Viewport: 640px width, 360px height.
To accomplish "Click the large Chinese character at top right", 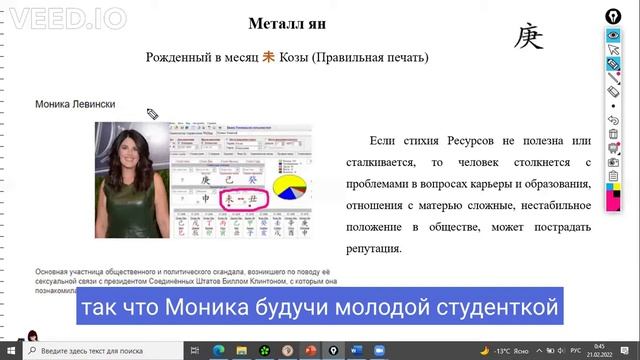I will point(529,37).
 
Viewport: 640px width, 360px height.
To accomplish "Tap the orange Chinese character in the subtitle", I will point(268,59).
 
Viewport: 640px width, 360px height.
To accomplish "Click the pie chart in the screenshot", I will point(290,187).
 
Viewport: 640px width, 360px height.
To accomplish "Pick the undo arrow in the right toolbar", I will point(612,119).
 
